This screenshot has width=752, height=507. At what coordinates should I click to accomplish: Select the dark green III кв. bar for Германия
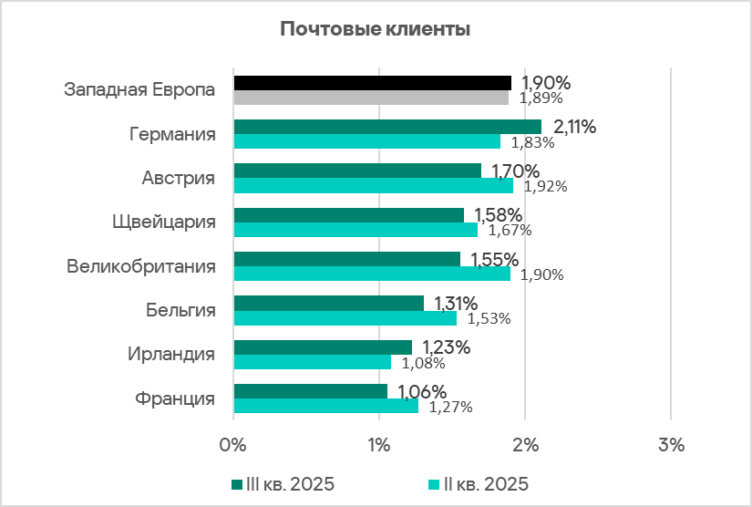[x=386, y=127]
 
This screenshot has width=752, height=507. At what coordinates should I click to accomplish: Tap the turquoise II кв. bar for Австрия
[x=373, y=186]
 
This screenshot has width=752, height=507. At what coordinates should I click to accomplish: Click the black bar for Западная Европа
[x=372, y=83]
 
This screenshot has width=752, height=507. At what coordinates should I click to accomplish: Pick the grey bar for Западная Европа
[x=371, y=98]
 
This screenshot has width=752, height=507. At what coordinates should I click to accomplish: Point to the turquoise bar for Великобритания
[x=372, y=274]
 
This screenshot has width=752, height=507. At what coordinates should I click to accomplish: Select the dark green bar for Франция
[x=310, y=391]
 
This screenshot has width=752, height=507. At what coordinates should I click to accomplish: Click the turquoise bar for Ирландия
[x=312, y=362]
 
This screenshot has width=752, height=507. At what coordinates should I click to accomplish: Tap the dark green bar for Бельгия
[x=328, y=303]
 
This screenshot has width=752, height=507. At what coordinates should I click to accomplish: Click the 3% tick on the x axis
[x=670, y=446]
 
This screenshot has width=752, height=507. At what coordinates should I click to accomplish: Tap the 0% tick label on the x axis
[x=233, y=446]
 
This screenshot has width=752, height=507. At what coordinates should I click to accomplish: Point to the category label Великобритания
[x=141, y=266]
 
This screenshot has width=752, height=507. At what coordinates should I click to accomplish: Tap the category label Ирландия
[x=172, y=355]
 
